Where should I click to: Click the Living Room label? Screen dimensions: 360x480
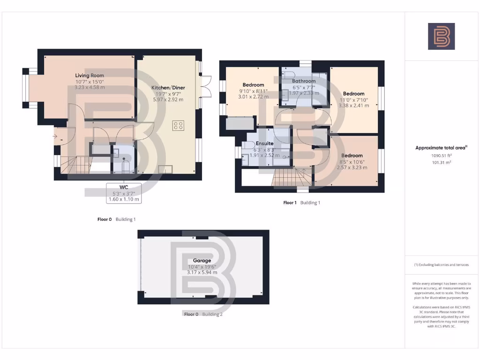(90, 75)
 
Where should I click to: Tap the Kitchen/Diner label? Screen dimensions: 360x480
(167, 88)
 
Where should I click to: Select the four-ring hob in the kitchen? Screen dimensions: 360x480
(178, 125)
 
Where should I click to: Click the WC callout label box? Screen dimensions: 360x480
(124, 193)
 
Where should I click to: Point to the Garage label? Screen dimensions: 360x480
(202, 261)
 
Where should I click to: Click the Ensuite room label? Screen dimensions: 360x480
(264, 143)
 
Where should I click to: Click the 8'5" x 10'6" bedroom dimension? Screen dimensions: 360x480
(352, 161)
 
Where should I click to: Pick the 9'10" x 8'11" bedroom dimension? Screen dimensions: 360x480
(253, 91)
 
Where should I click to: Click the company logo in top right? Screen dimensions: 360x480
(441, 37)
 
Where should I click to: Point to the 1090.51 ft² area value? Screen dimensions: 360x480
(442, 155)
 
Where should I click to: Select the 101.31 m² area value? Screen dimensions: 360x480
(442, 162)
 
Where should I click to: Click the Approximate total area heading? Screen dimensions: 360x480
(441, 148)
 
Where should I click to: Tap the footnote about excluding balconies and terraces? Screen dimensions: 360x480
(441, 265)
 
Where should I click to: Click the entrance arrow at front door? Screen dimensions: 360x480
(55, 136)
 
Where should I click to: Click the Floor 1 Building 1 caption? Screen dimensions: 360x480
(301, 203)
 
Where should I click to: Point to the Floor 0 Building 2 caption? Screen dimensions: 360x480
(203, 314)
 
